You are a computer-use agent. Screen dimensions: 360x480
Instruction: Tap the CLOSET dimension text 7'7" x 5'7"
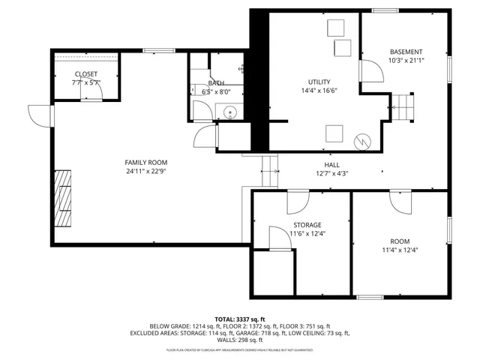tap(85, 82)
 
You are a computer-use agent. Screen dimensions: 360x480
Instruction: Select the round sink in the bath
tap(229, 113)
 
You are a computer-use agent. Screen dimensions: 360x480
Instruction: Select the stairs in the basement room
tap(405, 106)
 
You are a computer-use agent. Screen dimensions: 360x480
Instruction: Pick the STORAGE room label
tap(307, 224)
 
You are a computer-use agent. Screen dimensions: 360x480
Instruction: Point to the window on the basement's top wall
tap(385, 10)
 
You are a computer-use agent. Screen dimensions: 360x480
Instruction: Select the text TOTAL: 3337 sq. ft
tap(239, 319)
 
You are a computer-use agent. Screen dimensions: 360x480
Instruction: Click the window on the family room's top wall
tap(154, 50)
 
